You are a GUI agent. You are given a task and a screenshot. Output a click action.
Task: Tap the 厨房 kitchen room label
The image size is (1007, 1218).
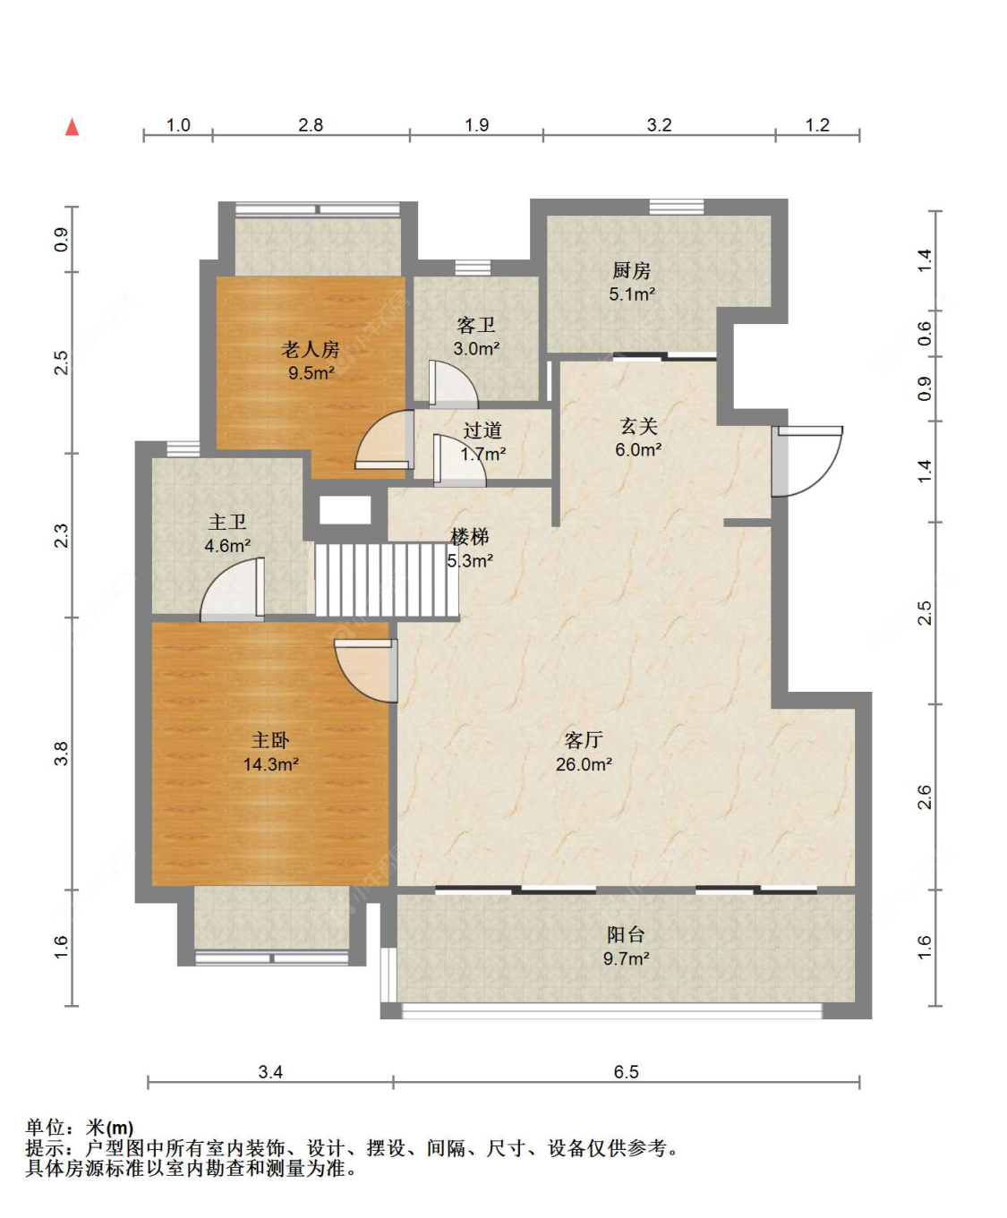click(x=631, y=270)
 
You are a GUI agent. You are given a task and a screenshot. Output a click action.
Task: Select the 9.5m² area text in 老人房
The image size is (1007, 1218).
click(x=311, y=373)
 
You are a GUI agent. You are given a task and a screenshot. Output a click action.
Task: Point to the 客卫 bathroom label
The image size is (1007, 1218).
click(x=476, y=325)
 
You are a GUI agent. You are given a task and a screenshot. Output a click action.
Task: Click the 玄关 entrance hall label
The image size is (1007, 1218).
click(x=638, y=426)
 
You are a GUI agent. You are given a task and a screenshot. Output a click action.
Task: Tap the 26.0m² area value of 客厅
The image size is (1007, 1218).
click(x=584, y=764)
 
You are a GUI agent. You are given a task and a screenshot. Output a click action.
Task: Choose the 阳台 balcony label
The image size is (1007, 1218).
click(x=626, y=934)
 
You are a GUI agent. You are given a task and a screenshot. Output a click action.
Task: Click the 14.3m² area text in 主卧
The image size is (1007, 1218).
click(x=270, y=764)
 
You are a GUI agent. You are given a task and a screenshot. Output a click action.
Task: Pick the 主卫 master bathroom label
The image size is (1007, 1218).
click(x=227, y=522)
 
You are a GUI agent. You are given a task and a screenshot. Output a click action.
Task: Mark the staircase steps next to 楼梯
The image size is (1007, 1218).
click(x=388, y=579)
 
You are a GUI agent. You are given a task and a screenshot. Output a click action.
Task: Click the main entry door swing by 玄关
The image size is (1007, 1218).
click(x=807, y=462)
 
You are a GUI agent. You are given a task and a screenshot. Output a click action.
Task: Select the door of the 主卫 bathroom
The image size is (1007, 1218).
click(x=232, y=589)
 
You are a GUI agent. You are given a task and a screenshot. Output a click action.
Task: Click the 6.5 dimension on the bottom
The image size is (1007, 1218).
click(x=626, y=1071)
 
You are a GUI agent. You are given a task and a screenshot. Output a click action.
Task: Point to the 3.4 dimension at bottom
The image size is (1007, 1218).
click(x=270, y=1071)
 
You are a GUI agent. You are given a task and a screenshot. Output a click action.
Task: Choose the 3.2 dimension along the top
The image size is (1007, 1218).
click(x=660, y=124)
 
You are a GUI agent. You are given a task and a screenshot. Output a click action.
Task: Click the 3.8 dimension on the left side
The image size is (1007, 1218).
click(x=61, y=753)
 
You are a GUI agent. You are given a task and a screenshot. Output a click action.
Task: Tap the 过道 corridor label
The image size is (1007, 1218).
click(x=482, y=430)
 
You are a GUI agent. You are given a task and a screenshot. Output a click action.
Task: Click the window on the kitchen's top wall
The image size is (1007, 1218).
click(x=677, y=207)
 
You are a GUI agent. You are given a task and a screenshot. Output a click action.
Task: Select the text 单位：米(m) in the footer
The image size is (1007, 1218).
click(x=80, y=1128)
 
